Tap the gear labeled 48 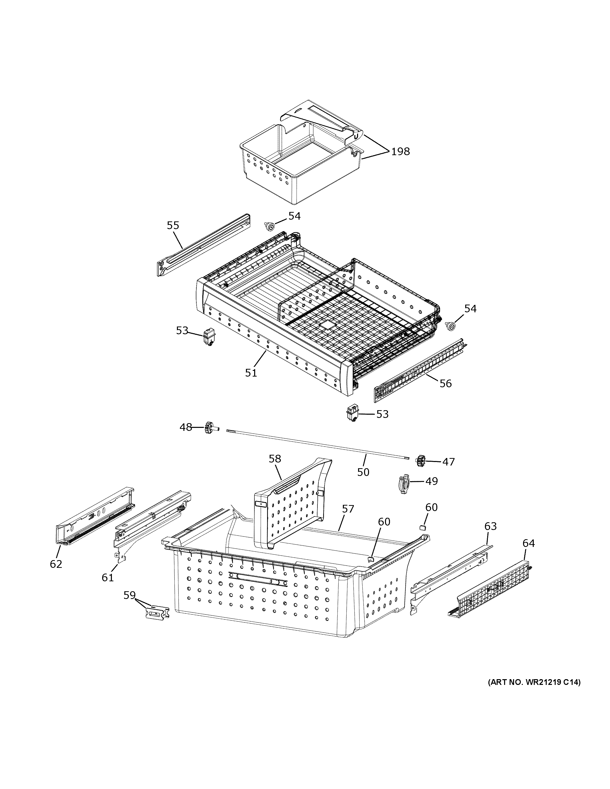(208, 428)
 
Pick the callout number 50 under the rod (363, 472)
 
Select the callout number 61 (108, 577)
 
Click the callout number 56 (446, 383)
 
